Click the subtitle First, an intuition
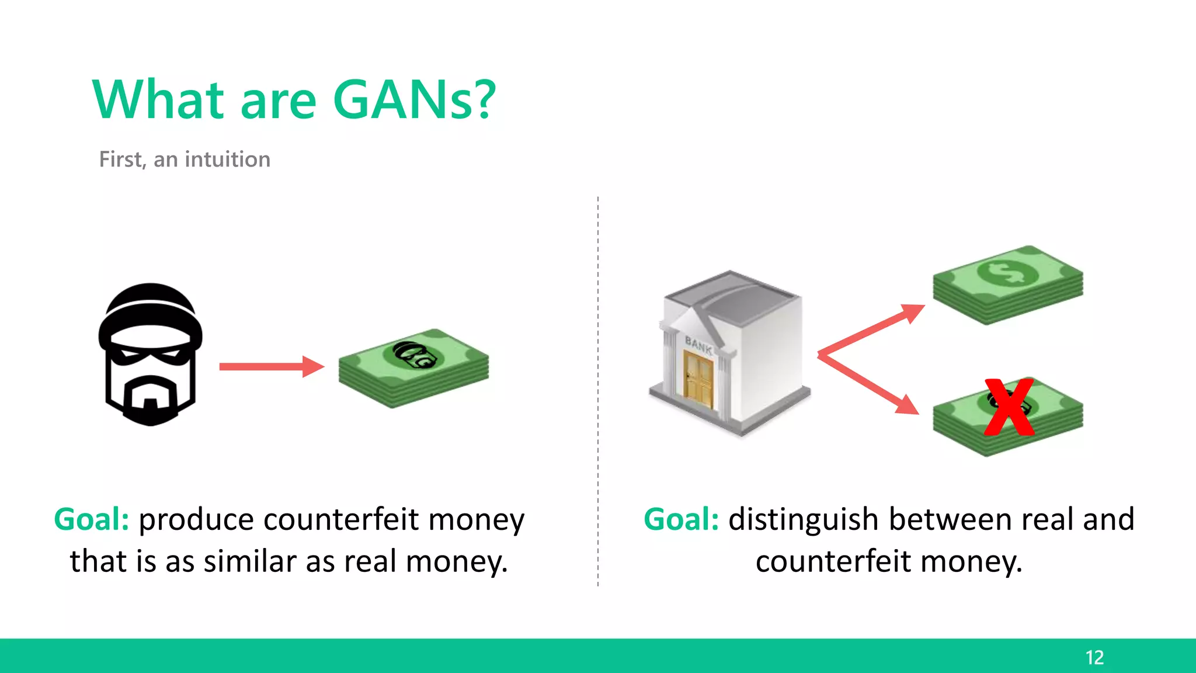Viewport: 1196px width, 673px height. pyautogui.click(x=185, y=159)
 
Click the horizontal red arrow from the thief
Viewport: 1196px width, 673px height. pyautogui.click(x=270, y=367)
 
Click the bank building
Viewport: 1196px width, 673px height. pyautogui.click(x=730, y=353)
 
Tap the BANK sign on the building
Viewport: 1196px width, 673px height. pyautogui.click(x=698, y=345)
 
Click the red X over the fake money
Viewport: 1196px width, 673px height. pyautogui.click(x=1009, y=408)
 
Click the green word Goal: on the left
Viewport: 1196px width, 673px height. pyautogui.click(x=92, y=519)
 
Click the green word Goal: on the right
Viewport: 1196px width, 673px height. pyautogui.click(x=681, y=519)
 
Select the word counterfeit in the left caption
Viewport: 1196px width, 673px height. pyautogui.click(x=341, y=519)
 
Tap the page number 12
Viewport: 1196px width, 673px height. pyautogui.click(x=1094, y=657)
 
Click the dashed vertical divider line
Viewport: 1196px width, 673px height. pyautogui.click(x=598, y=391)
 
